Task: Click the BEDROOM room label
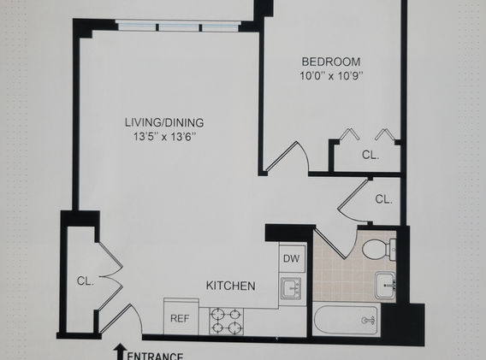click(x=331, y=62)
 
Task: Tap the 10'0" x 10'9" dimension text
click(x=331, y=76)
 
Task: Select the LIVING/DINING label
click(x=164, y=122)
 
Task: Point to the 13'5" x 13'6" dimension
click(x=165, y=137)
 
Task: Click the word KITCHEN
click(x=231, y=286)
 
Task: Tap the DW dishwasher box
click(x=292, y=257)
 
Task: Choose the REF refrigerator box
click(x=181, y=316)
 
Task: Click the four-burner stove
click(x=226, y=322)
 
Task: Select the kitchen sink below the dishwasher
click(x=291, y=288)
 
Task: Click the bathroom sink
click(x=385, y=285)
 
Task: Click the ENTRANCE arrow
click(x=120, y=351)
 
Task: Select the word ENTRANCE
click(x=155, y=357)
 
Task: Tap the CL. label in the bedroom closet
click(x=370, y=155)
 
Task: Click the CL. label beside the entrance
click(x=86, y=281)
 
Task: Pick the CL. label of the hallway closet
click(x=383, y=199)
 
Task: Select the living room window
click(x=178, y=26)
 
